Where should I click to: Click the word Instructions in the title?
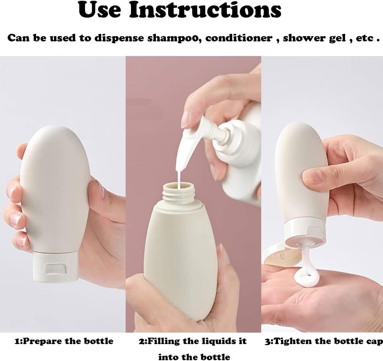pos(205,10)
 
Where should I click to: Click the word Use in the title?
pos(100,10)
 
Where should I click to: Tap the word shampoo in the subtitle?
pos(174,38)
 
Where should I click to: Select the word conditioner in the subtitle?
pos(239,38)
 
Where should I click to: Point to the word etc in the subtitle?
pos(365,38)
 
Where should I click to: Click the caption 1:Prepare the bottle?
pos(64,341)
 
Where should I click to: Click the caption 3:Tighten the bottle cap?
pos(324,341)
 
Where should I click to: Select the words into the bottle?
pos(194,357)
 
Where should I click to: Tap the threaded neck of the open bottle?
pos(178,193)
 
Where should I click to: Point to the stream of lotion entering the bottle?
pos(179,180)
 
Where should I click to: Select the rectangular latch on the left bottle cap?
pos(55,269)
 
